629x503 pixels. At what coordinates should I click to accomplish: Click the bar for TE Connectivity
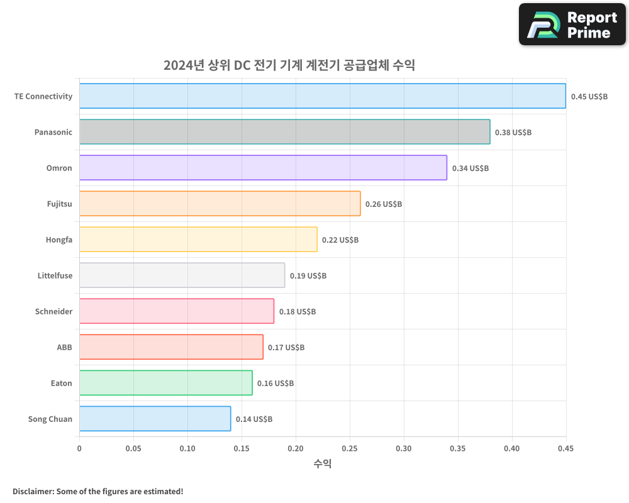coord(322,96)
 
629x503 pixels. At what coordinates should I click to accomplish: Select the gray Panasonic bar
coord(284,132)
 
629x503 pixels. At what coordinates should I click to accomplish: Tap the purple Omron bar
coord(263,168)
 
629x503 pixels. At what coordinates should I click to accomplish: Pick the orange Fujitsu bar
coord(220,204)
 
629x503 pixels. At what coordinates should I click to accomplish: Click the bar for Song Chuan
coord(155,419)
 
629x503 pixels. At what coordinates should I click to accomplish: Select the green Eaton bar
coord(165,383)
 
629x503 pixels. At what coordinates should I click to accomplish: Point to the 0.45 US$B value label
coord(589,97)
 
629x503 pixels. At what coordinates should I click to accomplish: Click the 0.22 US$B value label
coord(340,240)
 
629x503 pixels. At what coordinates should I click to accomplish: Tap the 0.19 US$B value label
coord(308,276)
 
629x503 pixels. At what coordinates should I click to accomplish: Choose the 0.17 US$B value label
coord(286,348)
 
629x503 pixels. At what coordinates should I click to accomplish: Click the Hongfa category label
coord(58,240)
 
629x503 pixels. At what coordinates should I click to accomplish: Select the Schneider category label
coord(53,311)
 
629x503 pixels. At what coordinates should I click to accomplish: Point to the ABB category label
coord(64,347)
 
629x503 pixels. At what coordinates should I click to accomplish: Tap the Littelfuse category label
coord(55,275)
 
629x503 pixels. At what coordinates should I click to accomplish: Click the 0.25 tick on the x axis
coord(350,449)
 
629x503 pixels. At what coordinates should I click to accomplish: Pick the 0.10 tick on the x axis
coord(187,449)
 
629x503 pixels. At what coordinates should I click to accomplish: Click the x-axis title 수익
coord(322,464)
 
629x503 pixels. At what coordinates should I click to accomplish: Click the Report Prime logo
coord(572,25)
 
